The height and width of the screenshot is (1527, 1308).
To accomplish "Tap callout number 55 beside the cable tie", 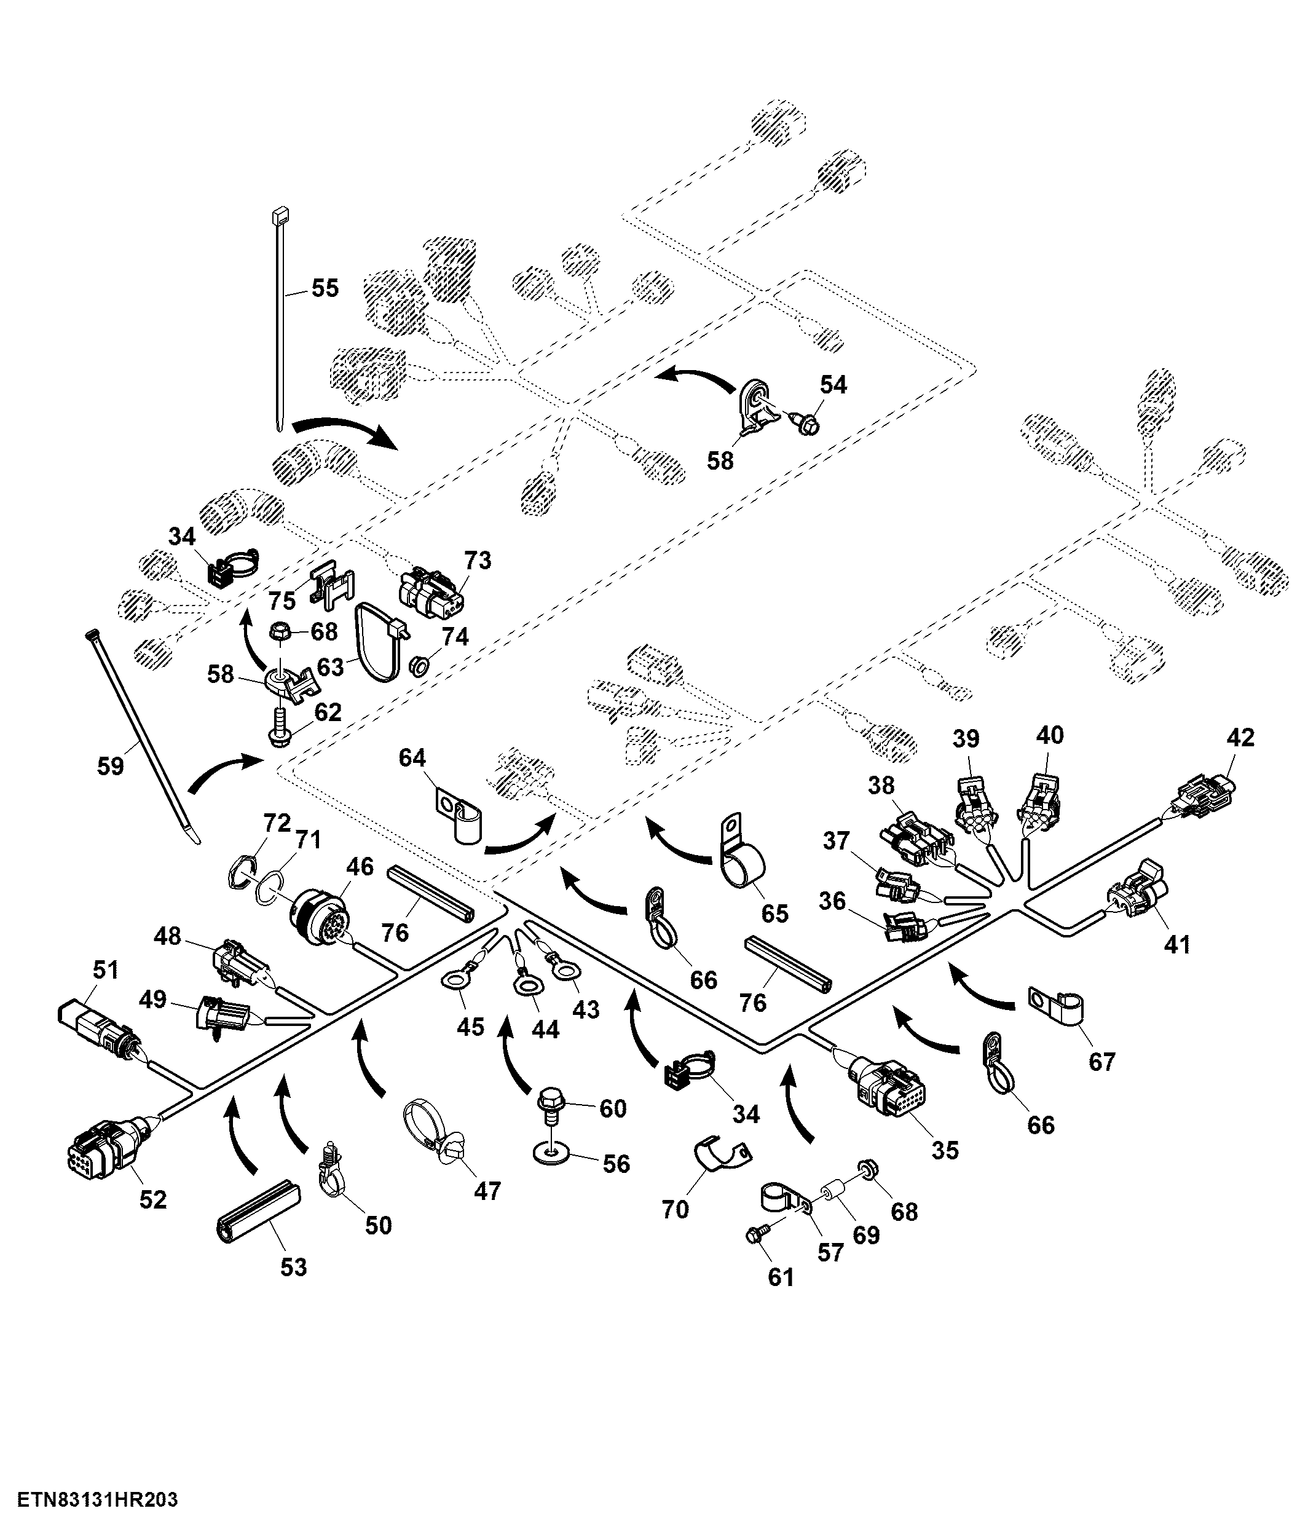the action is tap(325, 288).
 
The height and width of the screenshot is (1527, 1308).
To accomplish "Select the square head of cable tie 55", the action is tap(280, 216).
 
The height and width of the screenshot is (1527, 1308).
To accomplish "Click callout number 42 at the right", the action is tap(1240, 738).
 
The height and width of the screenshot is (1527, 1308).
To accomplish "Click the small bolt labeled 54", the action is tap(807, 423).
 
